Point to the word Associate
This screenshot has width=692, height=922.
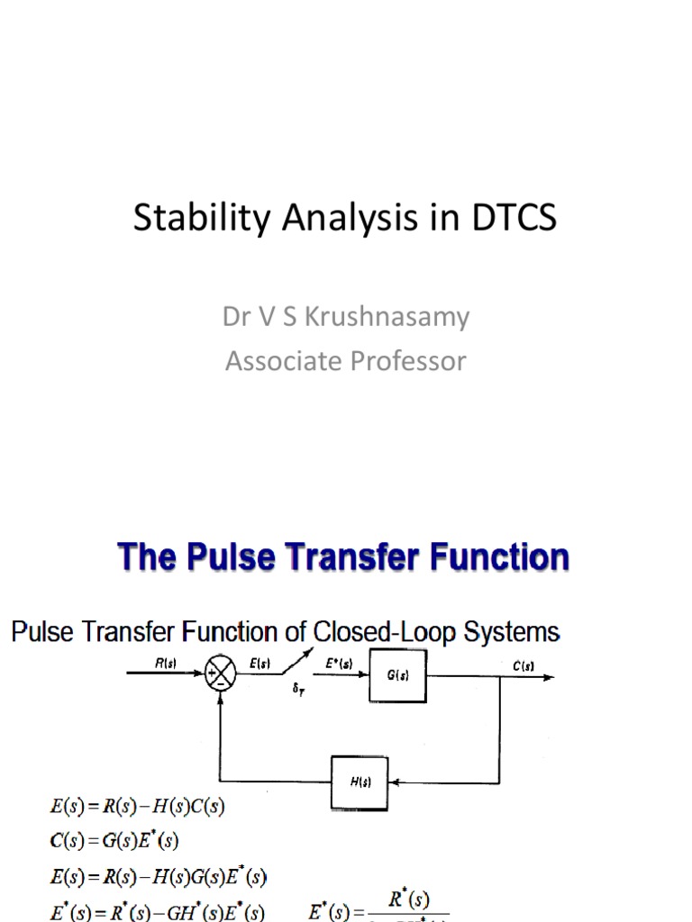coord(275,361)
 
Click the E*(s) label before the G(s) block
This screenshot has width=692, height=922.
coord(339,664)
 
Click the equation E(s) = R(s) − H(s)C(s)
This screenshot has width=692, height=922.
coord(136,808)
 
